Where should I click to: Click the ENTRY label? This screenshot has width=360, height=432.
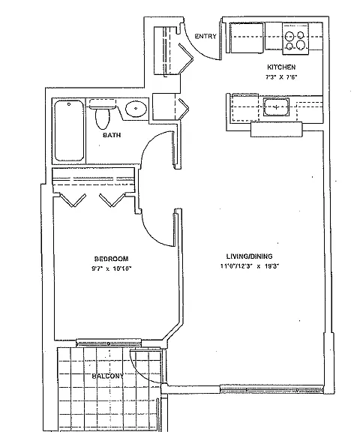point(205,36)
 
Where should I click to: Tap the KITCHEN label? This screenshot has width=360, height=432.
point(281,67)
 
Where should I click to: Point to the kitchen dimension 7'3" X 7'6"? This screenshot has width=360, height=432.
point(281,77)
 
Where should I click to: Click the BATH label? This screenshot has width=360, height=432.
point(112,135)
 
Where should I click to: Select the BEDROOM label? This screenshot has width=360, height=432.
point(111,259)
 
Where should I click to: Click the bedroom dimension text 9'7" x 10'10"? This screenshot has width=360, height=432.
point(112,268)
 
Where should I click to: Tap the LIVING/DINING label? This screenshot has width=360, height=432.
point(249,256)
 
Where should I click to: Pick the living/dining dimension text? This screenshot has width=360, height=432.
point(250,266)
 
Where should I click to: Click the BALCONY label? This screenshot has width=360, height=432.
point(108,376)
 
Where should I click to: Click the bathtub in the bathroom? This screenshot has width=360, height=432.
point(69,130)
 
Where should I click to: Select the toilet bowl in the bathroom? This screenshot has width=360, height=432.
point(102,119)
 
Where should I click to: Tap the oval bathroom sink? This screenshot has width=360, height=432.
point(136,109)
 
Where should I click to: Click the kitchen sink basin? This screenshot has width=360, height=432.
point(276,107)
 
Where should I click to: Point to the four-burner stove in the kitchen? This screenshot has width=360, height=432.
point(295,39)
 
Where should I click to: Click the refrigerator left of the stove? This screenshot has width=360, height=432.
point(247,38)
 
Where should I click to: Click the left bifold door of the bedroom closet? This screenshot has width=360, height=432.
point(73,200)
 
